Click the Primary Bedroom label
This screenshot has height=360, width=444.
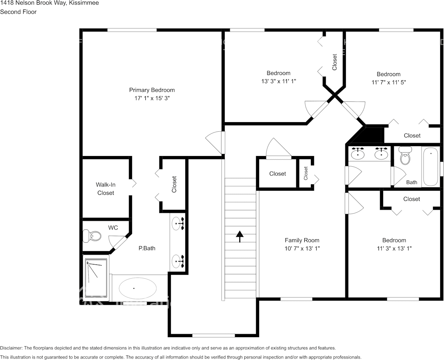pyautogui.click(x=152, y=90)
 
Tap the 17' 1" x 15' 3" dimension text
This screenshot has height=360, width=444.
pyautogui.click(x=152, y=98)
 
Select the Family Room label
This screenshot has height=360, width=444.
pyautogui.click(x=302, y=240)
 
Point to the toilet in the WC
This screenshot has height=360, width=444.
pyautogui.click(x=92, y=236)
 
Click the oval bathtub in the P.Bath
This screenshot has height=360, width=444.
pyautogui.click(x=137, y=288)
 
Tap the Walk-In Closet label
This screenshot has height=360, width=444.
pyautogui.click(x=105, y=189)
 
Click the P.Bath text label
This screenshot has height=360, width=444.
pyautogui.click(x=146, y=248)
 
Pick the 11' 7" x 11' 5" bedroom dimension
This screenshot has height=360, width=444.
pyautogui.click(x=388, y=82)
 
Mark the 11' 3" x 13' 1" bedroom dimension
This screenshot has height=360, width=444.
pyautogui.click(x=394, y=248)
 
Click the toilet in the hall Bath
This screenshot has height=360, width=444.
pyautogui.click(x=405, y=156)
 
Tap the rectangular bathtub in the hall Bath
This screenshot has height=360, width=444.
pyautogui.click(x=430, y=166)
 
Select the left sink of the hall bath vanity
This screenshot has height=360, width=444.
pyautogui.click(x=358, y=154)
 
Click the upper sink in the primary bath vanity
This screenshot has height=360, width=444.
pyautogui.click(x=177, y=224)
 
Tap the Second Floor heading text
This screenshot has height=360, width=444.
pyautogui.click(x=18, y=12)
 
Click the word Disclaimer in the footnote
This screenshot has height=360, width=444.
pyautogui.click(x=11, y=348)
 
